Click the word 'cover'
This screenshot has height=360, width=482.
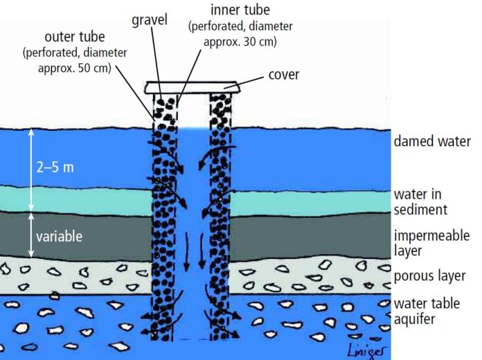[x=283, y=75]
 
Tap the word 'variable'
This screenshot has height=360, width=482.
[x=60, y=236]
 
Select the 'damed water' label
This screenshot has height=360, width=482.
[x=432, y=141]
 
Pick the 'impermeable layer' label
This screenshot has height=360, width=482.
[x=431, y=242]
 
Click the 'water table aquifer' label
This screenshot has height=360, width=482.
[x=427, y=311]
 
